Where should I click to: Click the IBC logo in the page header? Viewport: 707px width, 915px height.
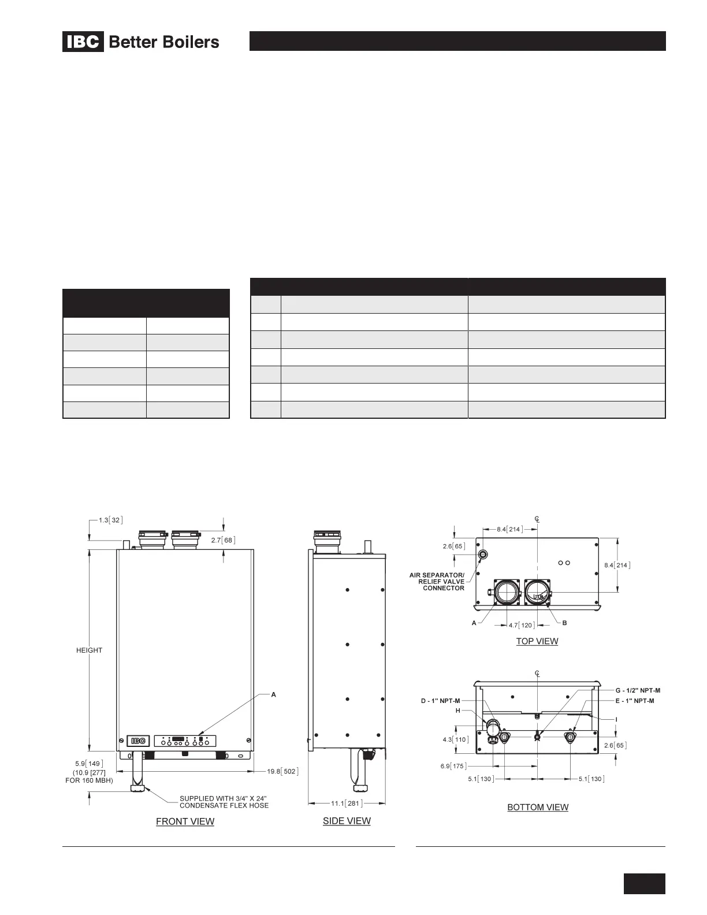[83, 42]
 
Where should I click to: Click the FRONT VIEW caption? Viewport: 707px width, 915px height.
[185, 821]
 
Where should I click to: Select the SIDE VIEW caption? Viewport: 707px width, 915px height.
[347, 821]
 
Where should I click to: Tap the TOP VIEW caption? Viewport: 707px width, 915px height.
[537, 641]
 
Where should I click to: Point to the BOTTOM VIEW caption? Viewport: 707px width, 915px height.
[538, 807]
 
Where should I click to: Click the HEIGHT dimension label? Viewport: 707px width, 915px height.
[90, 650]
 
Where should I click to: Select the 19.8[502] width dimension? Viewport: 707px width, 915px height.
[282, 771]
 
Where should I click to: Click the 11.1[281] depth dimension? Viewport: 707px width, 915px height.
[347, 804]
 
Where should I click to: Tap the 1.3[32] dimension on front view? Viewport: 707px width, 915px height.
[111, 520]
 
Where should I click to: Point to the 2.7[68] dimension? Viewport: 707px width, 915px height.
[223, 540]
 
